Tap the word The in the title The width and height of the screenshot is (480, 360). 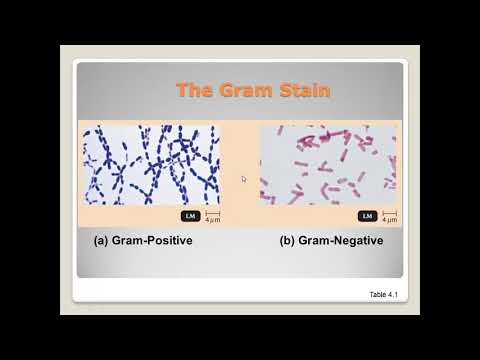[x=193, y=91]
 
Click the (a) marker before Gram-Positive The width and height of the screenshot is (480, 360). [x=100, y=241]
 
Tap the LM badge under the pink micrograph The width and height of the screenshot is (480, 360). [x=367, y=216]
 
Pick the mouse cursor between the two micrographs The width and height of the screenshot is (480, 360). [x=243, y=179]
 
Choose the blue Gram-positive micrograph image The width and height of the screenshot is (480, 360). [x=151, y=164]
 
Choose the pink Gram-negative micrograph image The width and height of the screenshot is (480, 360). [x=328, y=164]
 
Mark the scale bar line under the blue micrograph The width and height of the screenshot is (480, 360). [x=212, y=213]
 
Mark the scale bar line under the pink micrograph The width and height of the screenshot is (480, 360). [x=389, y=213]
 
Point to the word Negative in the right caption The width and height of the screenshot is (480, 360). [x=356, y=241]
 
